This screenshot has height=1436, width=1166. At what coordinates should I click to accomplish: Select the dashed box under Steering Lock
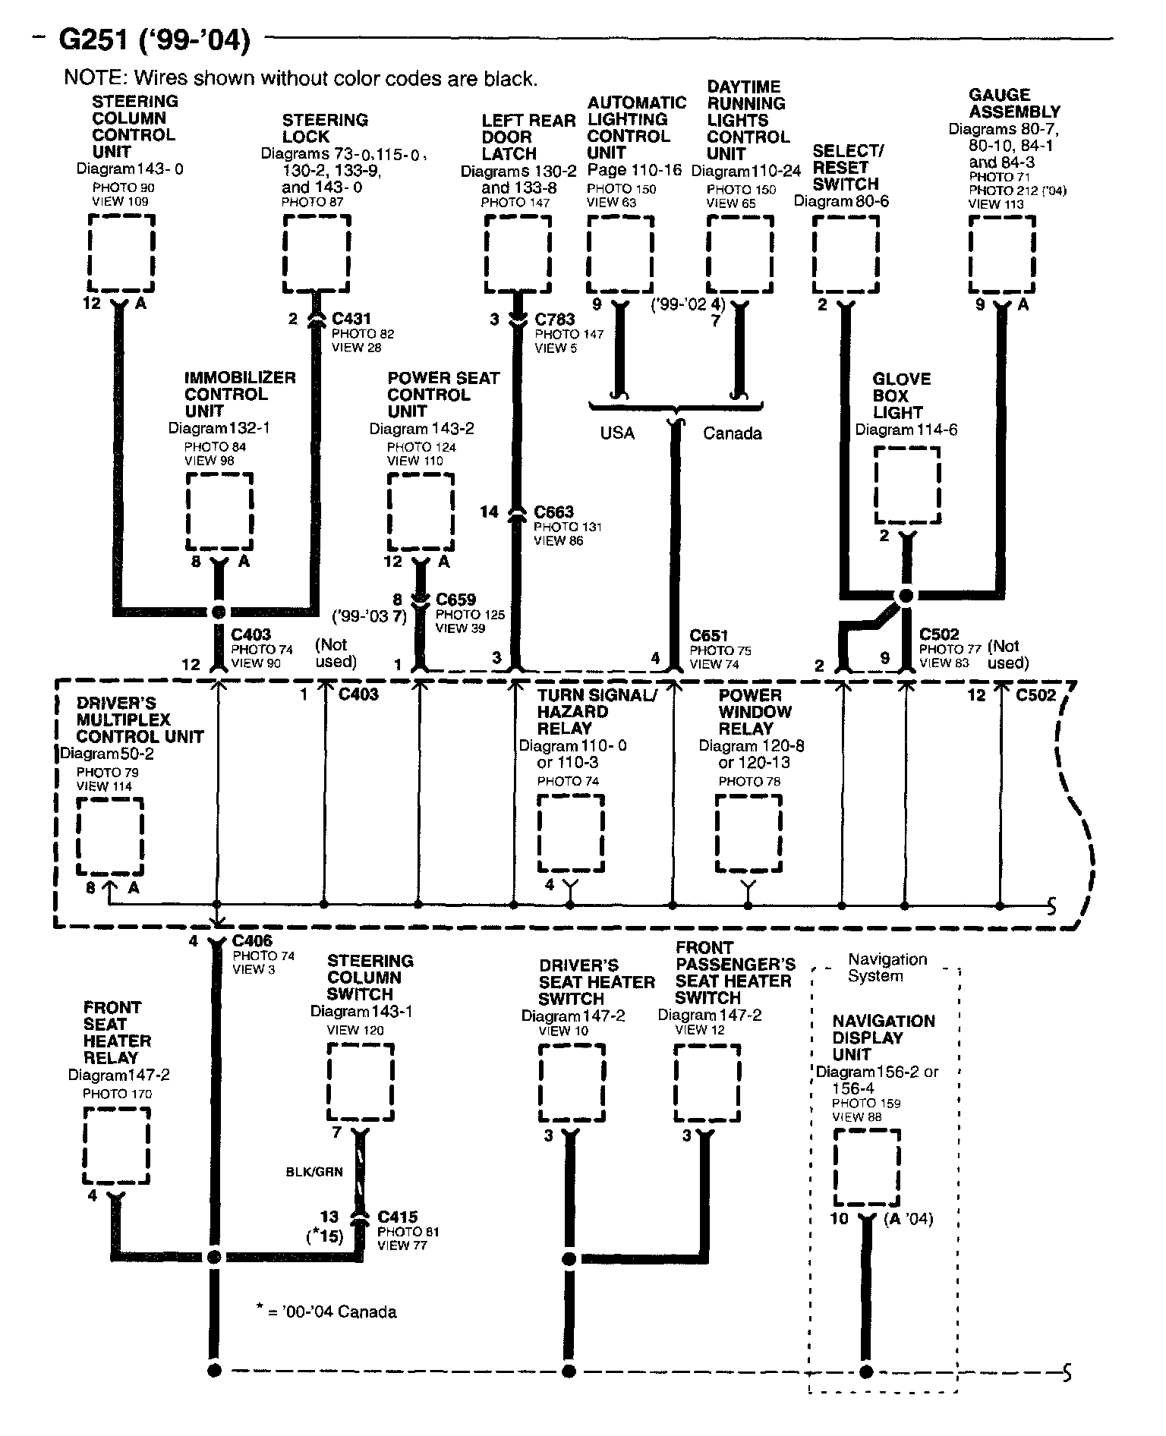coord(317,253)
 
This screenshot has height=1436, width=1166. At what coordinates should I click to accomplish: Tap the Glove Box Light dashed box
coord(907,484)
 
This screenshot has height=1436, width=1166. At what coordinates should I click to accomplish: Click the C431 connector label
coord(351,320)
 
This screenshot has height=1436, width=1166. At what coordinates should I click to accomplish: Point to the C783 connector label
coord(555,320)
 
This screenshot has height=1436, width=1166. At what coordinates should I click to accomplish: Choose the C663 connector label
coord(553,512)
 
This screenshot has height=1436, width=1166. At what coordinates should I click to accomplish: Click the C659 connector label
coord(455,600)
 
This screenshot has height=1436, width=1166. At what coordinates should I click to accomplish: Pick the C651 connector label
coord(709,635)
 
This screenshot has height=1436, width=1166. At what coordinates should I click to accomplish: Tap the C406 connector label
coord(252,942)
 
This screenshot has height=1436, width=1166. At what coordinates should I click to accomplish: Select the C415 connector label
coord(398,1217)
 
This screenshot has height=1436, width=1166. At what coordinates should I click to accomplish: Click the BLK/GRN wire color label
coord(314,1171)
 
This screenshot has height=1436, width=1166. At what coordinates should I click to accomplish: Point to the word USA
coord(617,433)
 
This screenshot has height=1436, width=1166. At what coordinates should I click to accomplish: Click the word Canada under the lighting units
coord(732,433)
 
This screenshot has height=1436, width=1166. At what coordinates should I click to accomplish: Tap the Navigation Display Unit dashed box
coord(867,1167)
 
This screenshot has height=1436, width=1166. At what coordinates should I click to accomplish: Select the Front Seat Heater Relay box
coord(116,1145)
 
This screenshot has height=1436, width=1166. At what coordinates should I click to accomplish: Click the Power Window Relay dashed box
coord(748,833)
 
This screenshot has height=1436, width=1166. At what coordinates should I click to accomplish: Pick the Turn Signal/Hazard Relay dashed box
coord(571,833)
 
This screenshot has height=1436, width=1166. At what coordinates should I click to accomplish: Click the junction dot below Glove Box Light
coord(905,596)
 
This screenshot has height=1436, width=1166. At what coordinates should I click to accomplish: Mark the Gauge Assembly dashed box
coord(1002,254)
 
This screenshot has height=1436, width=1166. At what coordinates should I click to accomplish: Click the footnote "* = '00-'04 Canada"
coord(326,1312)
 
